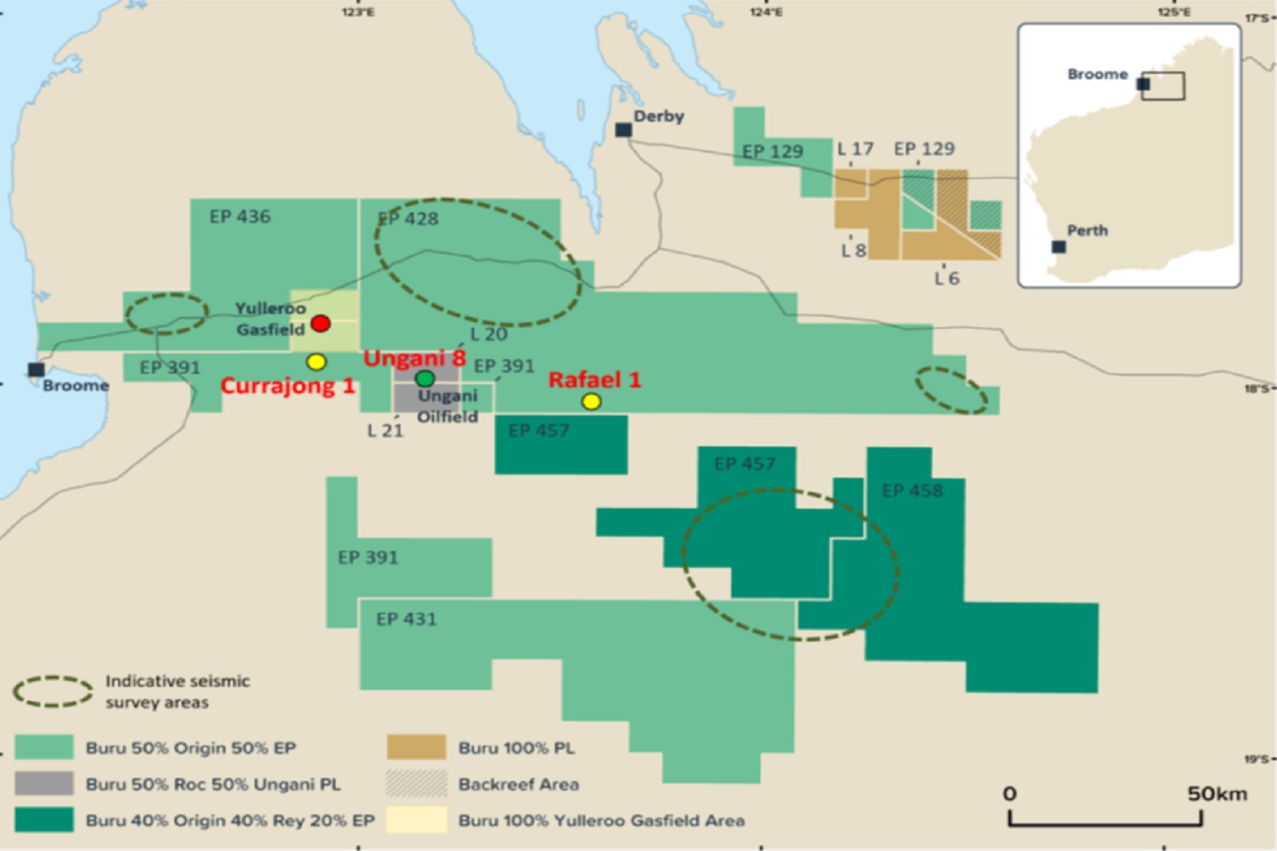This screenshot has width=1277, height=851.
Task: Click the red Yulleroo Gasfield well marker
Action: click(x=321, y=324)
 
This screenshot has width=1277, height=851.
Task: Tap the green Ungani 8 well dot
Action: click(x=425, y=379)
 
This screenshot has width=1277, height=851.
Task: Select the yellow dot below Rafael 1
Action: click(x=591, y=402)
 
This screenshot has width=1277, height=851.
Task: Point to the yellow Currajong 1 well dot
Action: click(x=317, y=362)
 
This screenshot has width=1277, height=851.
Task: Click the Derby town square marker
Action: click(x=623, y=130)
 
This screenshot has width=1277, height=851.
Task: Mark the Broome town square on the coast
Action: click(x=36, y=370)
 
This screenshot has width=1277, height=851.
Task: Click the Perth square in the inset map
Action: click(x=1059, y=246)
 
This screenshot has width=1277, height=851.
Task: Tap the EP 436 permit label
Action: click(x=240, y=216)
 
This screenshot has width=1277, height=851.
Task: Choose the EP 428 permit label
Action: click(x=409, y=218)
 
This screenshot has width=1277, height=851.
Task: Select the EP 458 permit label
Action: click(x=913, y=490)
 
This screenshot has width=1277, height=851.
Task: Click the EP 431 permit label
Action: click(x=406, y=619)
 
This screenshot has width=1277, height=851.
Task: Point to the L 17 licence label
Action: click(x=856, y=149)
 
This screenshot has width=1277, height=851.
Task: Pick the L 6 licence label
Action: click(x=947, y=278)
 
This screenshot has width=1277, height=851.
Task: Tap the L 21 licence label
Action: click(x=386, y=431)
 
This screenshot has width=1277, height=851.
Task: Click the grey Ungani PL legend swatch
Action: click(x=44, y=784)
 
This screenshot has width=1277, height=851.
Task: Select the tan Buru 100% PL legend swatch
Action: click(x=416, y=747)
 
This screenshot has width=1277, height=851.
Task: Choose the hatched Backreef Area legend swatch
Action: click(x=416, y=784)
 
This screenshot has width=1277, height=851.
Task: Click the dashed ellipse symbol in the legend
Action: click(x=53, y=691)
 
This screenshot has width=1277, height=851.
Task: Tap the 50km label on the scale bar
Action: click(x=1217, y=793)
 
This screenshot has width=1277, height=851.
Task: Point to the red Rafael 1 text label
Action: click(x=594, y=380)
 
